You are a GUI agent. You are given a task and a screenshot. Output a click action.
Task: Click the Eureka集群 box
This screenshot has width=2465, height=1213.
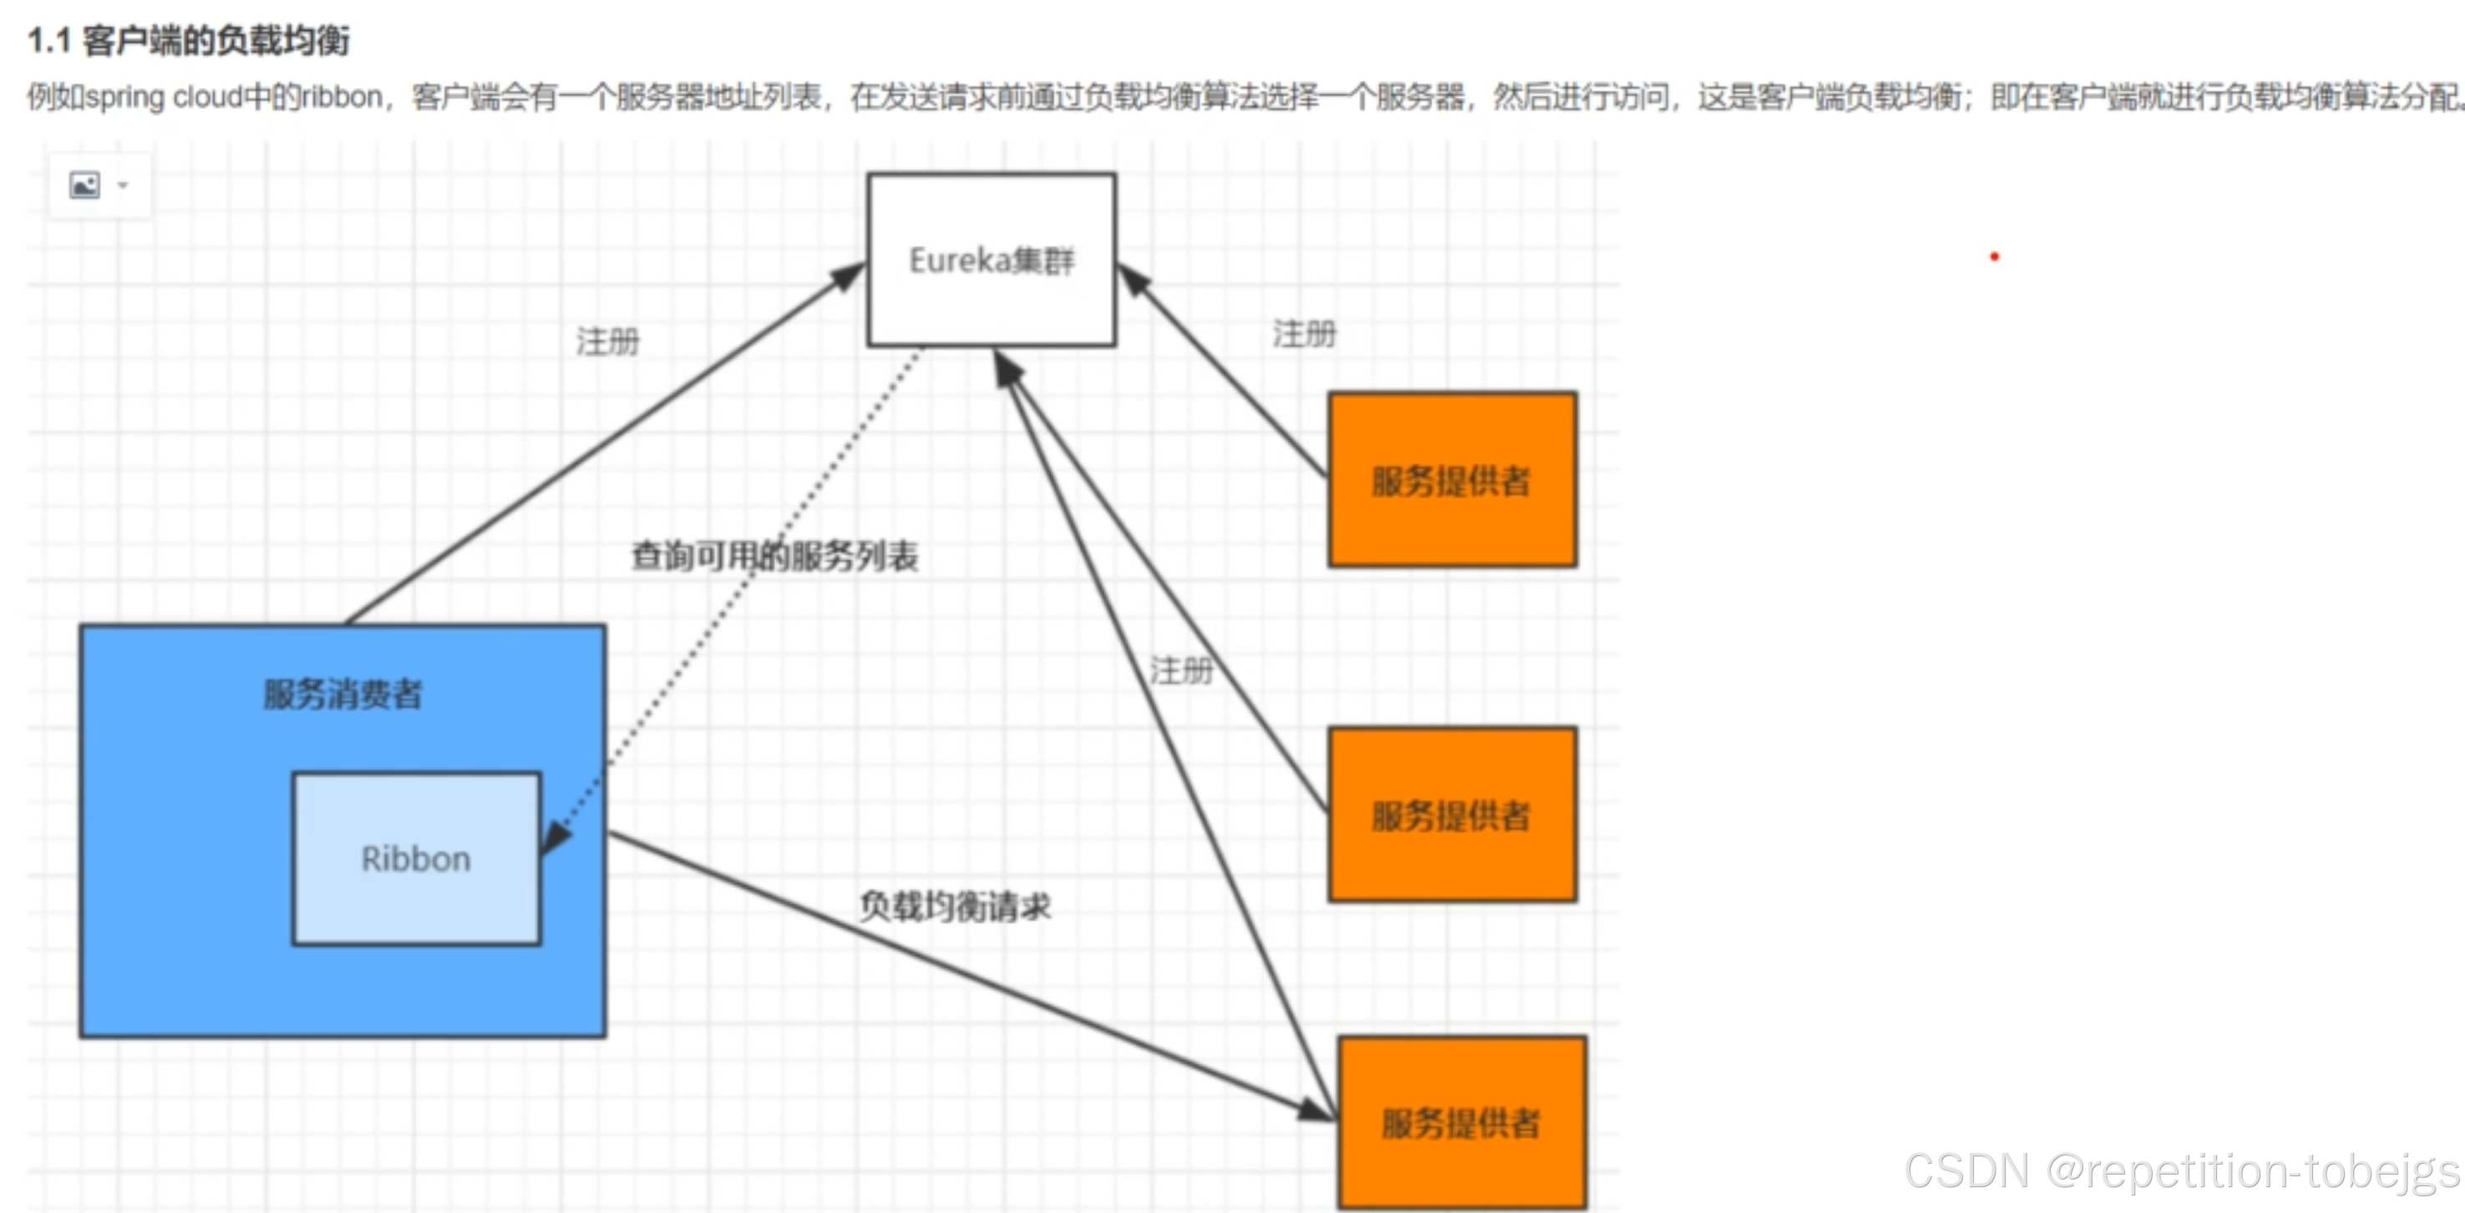(x=992, y=260)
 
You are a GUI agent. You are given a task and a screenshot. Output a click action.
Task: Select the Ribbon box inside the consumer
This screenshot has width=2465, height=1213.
(x=416, y=859)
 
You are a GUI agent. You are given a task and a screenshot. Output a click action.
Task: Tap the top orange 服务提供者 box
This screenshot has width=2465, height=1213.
(x=1452, y=480)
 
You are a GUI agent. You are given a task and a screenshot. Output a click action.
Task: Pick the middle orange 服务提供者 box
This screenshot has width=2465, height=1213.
(x=1452, y=815)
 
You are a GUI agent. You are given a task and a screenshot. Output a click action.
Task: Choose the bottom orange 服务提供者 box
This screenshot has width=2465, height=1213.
(x=1461, y=1122)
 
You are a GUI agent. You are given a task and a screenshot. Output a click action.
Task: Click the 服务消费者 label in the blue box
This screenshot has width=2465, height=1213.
(x=342, y=693)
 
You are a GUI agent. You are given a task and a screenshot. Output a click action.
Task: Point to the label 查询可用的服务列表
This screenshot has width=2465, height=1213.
(x=774, y=556)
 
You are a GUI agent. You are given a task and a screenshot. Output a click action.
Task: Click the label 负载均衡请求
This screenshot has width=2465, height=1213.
(x=954, y=906)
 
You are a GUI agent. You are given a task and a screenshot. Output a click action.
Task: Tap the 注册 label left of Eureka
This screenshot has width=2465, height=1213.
(x=607, y=341)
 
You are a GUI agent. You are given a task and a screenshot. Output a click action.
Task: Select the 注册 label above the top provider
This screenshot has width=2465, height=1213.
(x=1303, y=334)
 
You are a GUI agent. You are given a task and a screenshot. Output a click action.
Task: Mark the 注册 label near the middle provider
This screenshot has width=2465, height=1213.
(x=1181, y=670)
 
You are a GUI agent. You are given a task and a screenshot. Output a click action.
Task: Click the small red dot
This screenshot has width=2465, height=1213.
(x=1994, y=256)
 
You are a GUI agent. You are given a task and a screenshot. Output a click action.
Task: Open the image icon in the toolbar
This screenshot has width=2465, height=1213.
(x=84, y=185)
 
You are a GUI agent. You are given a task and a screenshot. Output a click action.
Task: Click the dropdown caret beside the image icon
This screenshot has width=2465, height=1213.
(x=123, y=185)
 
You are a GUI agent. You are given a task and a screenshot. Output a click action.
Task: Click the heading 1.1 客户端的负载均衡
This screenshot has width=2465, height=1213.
(x=189, y=40)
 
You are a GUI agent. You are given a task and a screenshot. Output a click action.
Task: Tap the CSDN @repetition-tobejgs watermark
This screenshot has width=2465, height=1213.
(x=2182, y=1171)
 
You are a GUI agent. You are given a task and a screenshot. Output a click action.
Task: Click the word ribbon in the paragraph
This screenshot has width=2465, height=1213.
(x=342, y=97)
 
